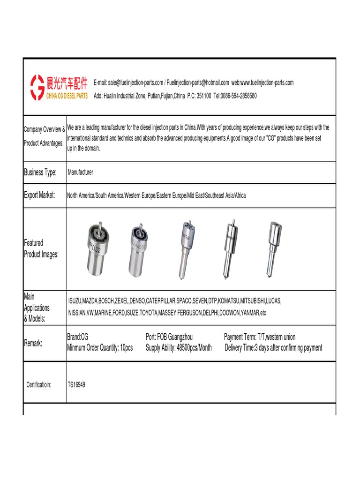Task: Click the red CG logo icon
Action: point(37,87)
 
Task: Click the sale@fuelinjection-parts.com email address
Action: point(135,83)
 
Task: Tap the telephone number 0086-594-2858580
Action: point(239,96)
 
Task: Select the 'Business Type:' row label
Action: point(40,172)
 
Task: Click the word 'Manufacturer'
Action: point(80,172)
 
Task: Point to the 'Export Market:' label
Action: point(39,195)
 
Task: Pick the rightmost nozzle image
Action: point(271,248)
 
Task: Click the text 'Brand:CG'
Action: point(78,337)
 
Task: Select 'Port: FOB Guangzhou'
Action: point(169,337)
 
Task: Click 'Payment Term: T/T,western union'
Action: point(260,337)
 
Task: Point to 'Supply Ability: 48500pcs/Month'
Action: point(179,348)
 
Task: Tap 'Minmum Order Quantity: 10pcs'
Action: point(100,348)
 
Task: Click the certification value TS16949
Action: point(76,385)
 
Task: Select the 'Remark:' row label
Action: point(33,343)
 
